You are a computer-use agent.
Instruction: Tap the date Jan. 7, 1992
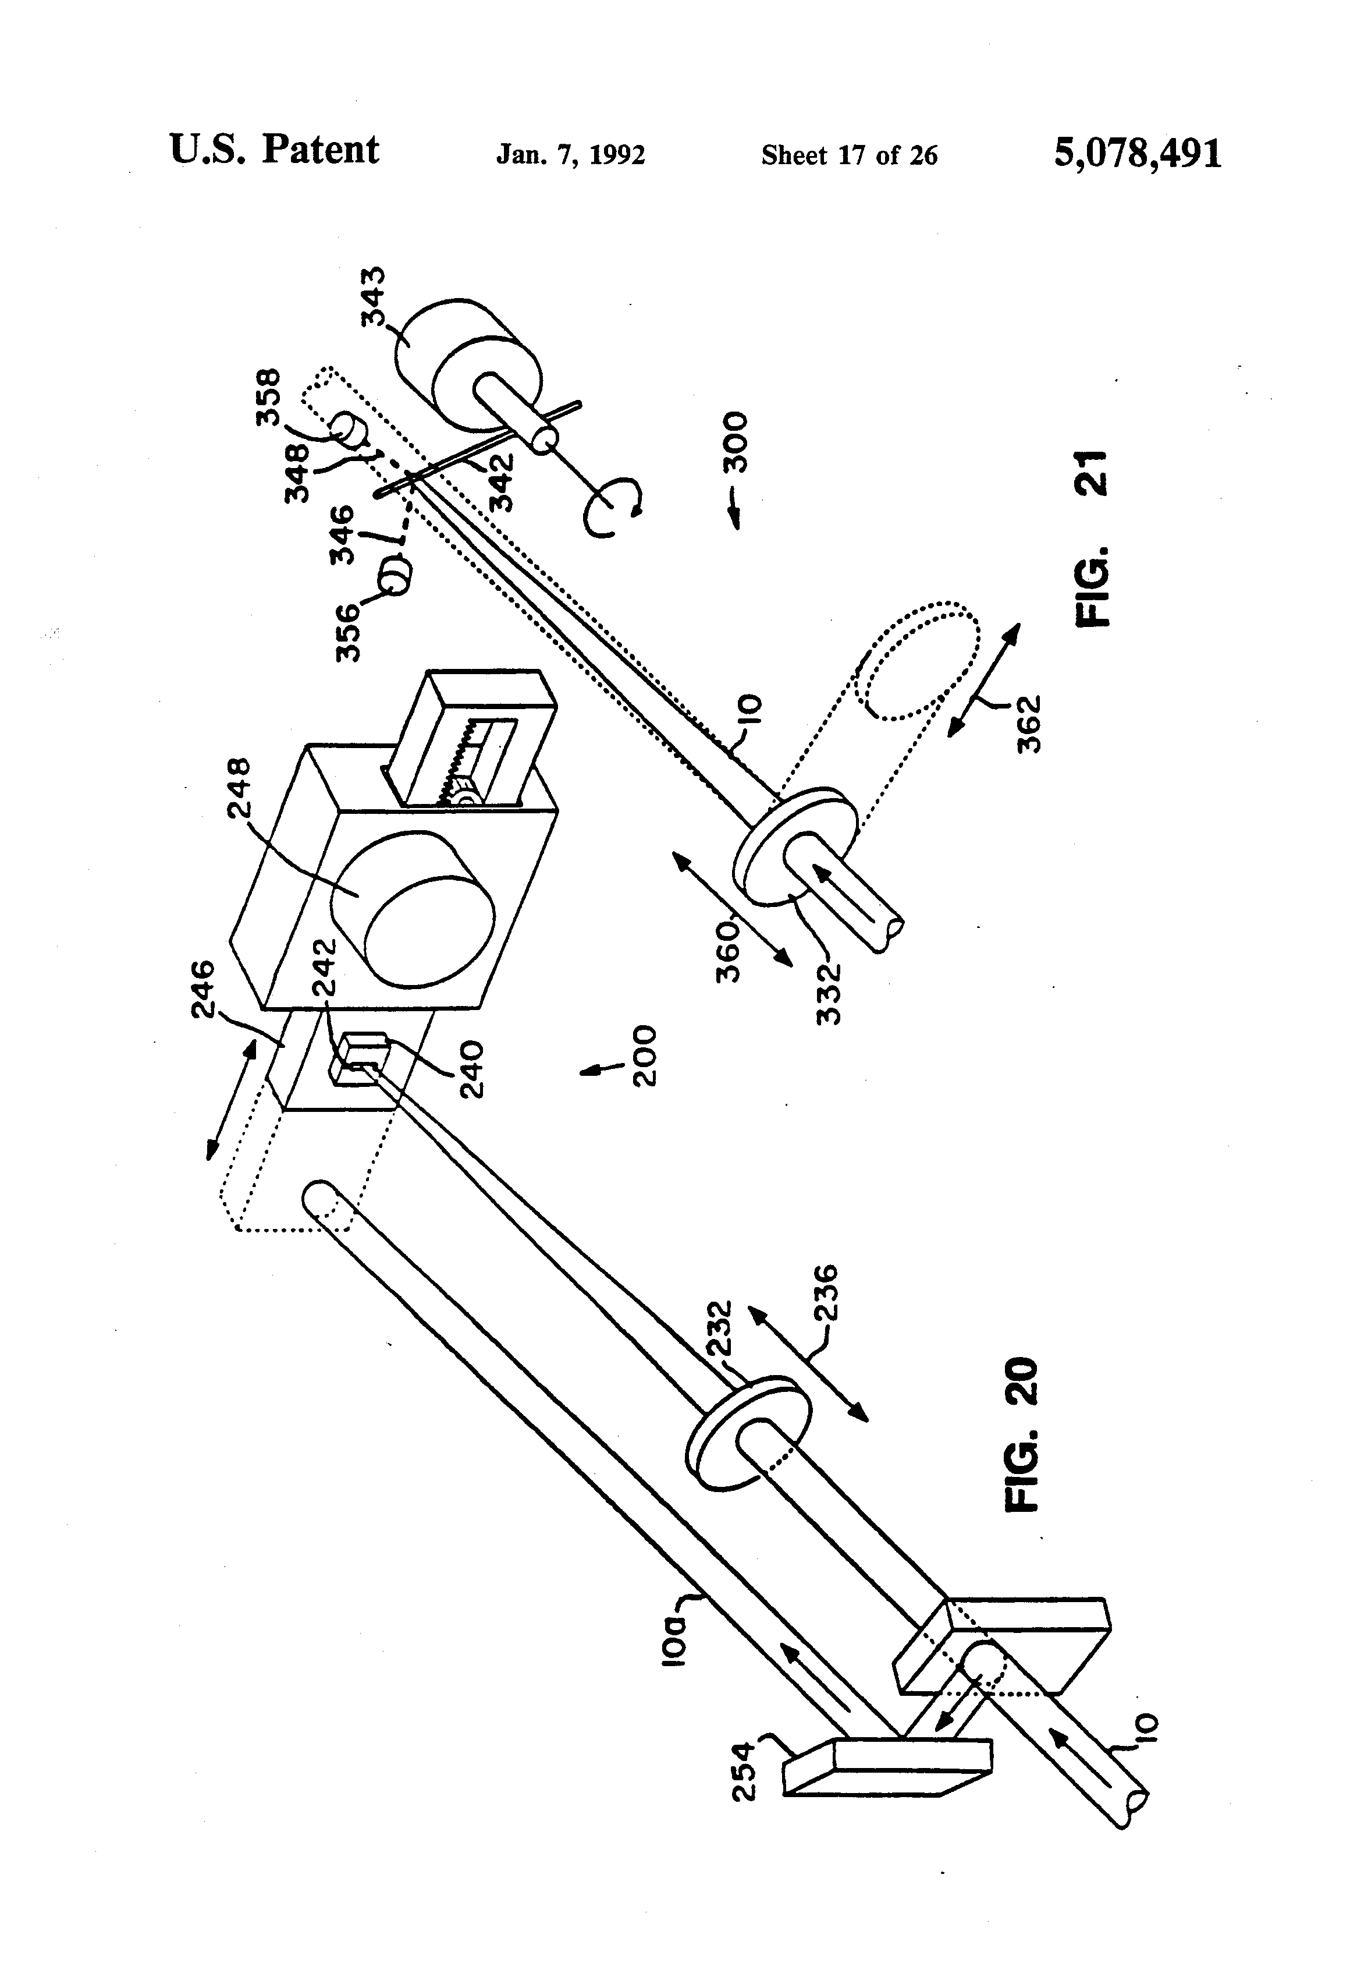pos(570,154)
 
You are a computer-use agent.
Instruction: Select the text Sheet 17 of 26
pos(849,154)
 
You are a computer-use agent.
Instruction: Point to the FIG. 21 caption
pos(1093,540)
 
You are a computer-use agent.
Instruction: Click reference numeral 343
pos(373,296)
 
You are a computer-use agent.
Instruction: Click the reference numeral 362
pos(1030,724)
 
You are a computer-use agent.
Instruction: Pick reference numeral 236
pos(825,1294)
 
